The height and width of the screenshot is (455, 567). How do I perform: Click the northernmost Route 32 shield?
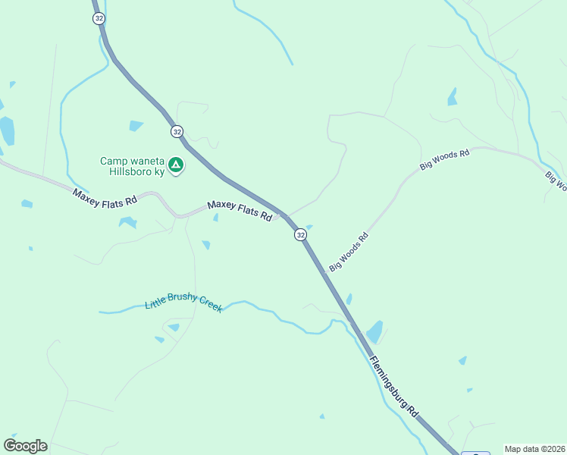pyautogui.click(x=99, y=18)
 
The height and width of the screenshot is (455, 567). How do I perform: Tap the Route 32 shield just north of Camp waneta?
pyautogui.click(x=177, y=131)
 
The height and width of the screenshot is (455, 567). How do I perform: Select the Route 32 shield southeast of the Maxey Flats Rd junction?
pyautogui.click(x=301, y=235)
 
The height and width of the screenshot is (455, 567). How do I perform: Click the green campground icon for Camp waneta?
pyautogui.click(x=176, y=164)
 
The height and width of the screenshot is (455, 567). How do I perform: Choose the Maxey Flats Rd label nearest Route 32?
pyautogui.click(x=240, y=211)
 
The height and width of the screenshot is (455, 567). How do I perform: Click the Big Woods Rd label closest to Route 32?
pyautogui.click(x=349, y=252)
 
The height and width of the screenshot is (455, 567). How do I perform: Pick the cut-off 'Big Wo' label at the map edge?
pyautogui.click(x=556, y=179)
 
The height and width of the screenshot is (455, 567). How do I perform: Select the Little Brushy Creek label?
pyautogui.click(x=183, y=303)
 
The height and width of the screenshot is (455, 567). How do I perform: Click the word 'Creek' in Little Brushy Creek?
pyautogui.click(x=206, y=306)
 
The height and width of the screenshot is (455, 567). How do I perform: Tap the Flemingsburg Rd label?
pyautogui.click(x=395, y=386)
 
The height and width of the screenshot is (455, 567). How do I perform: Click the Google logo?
pyautogui.click(x=25, y=446)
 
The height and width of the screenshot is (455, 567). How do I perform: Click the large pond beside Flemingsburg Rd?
pyautogui.click(x=374, y=332)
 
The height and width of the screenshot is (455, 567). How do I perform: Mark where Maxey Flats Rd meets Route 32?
pyautogui.click(x=283, y=215)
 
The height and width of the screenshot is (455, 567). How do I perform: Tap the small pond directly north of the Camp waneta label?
pyautogui.click(x=136, y=125)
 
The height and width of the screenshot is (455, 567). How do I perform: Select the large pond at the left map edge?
pyautogui.click(x=6, y=130)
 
